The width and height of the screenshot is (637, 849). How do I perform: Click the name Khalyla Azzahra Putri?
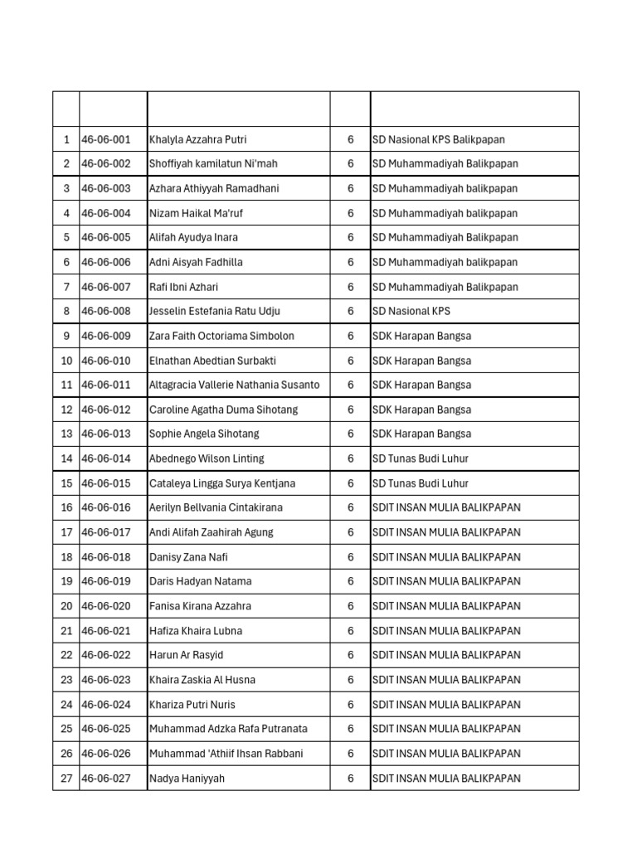pyautogui.click(x=197, y=139)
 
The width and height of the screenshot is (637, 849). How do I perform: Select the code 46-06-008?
pyautogui.click(x=106, y=312)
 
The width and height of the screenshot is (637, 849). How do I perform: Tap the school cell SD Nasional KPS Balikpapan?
pyautogui.click(x=438, y=139)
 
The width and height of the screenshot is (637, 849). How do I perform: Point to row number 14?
pyautogui.click(x=66, y=458)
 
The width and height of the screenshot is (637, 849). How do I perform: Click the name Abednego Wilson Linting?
pyautogui.click(x=207, y=458)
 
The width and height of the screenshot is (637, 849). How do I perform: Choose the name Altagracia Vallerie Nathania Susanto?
pyautogui.click(x=234, y=385)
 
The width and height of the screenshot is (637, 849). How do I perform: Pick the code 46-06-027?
pyautogui.click(x=106, y=779)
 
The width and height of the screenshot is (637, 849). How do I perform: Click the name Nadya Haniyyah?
pyautogui.click(x=187, y=779)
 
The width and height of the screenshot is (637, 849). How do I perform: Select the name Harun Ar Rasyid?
pyautogui.click(x=186, y=655)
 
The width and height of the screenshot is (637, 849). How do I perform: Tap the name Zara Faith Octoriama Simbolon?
pyautogui.click(x=221, y=336)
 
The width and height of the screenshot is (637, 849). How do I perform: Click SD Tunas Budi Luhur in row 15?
pyautogui.click(x=421, y=483)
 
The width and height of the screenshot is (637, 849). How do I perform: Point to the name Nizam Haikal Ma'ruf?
pyautogui.click(x=196, y=213)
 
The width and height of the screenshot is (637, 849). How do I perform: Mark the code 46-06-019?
pyautogui.click(x=106, y=581)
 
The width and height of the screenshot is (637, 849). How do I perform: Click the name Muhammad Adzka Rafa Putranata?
pyautogui.click(x=228, y=729)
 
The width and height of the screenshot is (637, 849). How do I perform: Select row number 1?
pyautogui.click(x=66, y=139)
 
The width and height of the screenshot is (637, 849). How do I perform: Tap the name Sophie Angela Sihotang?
pyautogui.click(x=204, y=434)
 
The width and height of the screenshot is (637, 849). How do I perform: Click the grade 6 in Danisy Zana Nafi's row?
pyautogui.click(x=351, y=557)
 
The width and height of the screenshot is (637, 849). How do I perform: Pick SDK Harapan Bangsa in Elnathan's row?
pyautogui.click(x=421, y=361)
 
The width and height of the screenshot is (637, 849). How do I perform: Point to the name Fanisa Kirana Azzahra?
pyautogui.click(x=200, y=606)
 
